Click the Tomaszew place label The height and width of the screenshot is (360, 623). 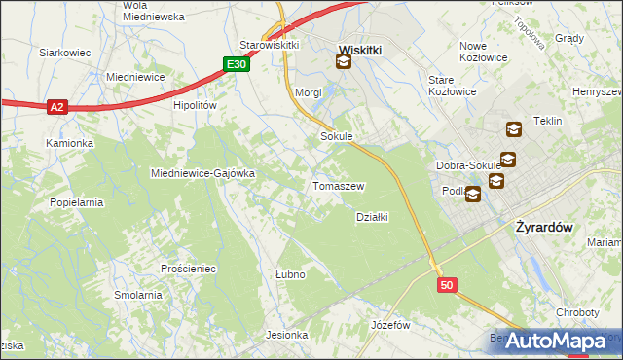338,186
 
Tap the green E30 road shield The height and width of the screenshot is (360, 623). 234,64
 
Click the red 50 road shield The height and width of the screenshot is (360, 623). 446,285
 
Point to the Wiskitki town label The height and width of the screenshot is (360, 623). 358,48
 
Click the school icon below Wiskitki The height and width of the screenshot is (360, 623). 343,63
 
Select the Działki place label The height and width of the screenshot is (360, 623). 372,217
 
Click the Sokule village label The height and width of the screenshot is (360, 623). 336,137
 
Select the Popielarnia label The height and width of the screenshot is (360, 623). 76,202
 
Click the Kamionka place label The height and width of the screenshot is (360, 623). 69,143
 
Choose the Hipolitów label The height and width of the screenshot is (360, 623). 194,105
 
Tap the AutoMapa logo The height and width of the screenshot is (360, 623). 556,342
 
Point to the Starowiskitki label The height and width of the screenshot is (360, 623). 269,45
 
